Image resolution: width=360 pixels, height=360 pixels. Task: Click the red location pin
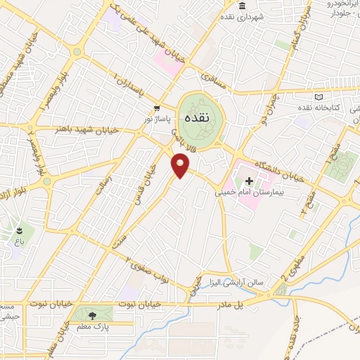(x=181, y=166)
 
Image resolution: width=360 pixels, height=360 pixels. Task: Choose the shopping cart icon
(x=157, y=108)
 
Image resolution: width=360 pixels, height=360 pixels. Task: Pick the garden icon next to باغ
(x=19, y=229)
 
